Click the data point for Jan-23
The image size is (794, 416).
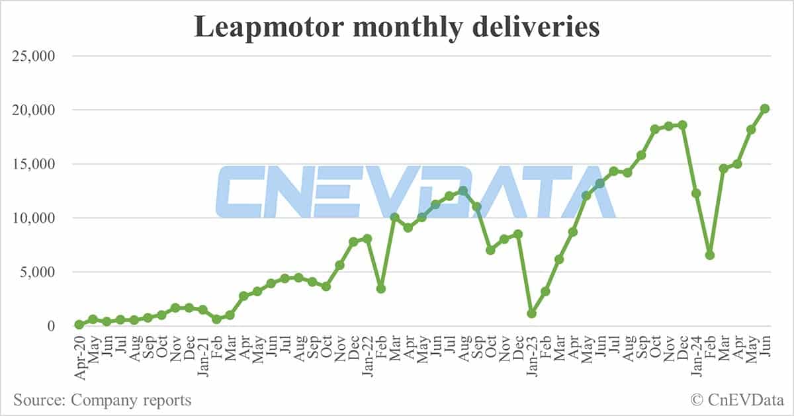coord(531,313)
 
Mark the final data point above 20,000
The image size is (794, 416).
coord(764,108)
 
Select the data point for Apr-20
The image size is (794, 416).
coord(79,325)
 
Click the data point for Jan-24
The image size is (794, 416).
coord(696,193)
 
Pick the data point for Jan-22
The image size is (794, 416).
coord(367,238)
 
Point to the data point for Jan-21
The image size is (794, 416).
coord(202,310)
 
